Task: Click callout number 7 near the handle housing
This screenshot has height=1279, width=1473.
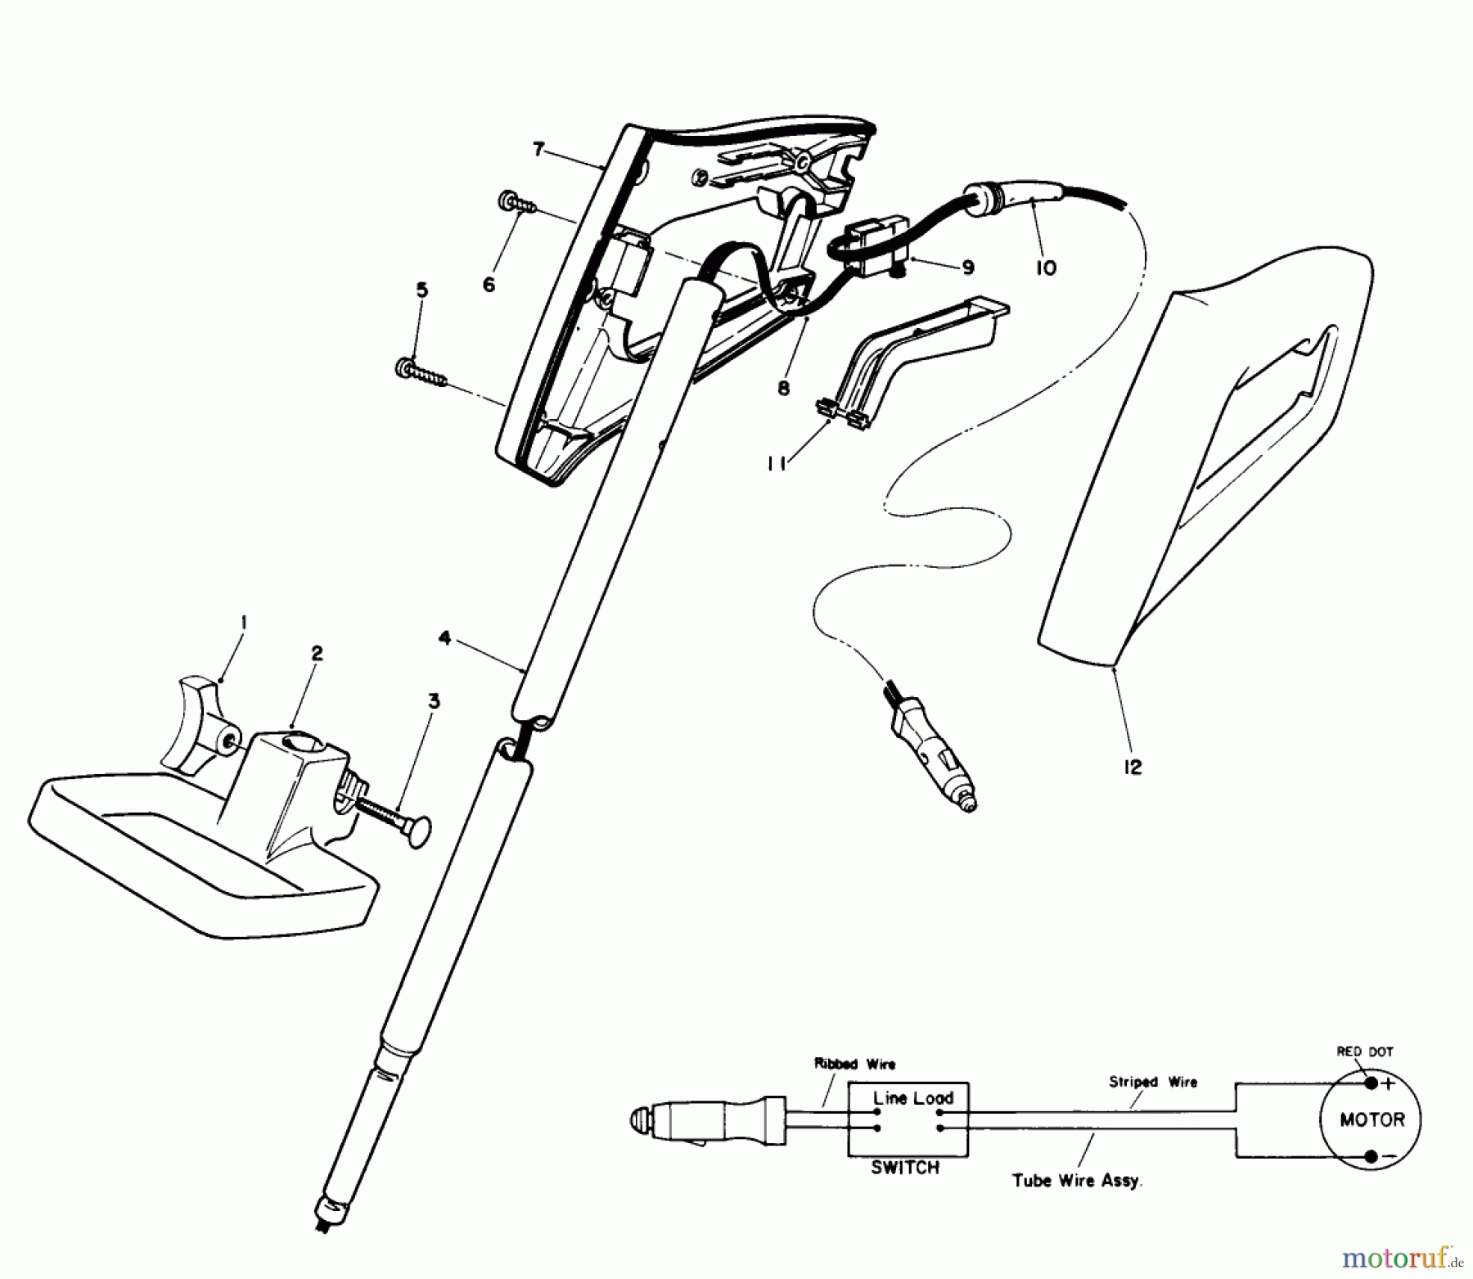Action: click(538, 150)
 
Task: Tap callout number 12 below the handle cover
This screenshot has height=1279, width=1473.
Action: click(1133, 767)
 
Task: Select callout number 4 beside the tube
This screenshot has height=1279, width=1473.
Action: click(444, 637)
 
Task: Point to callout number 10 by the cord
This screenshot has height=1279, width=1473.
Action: click(1046, 267)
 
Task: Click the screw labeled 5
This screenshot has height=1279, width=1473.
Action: click(421, 374)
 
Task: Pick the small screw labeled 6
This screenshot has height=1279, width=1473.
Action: click(515, 201)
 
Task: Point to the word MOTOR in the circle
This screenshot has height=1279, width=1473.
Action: click(1372, 1119)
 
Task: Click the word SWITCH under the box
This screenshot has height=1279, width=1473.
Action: click(905, 1168)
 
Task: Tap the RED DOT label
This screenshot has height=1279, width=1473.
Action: click(1364, 1052)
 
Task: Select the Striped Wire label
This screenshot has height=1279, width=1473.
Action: click(1152, 1082)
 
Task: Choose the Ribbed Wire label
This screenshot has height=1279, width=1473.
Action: click(854, 1064)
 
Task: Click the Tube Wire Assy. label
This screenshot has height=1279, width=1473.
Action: click(1076, 1181)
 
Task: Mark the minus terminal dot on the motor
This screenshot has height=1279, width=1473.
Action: click(1371, 1156)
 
